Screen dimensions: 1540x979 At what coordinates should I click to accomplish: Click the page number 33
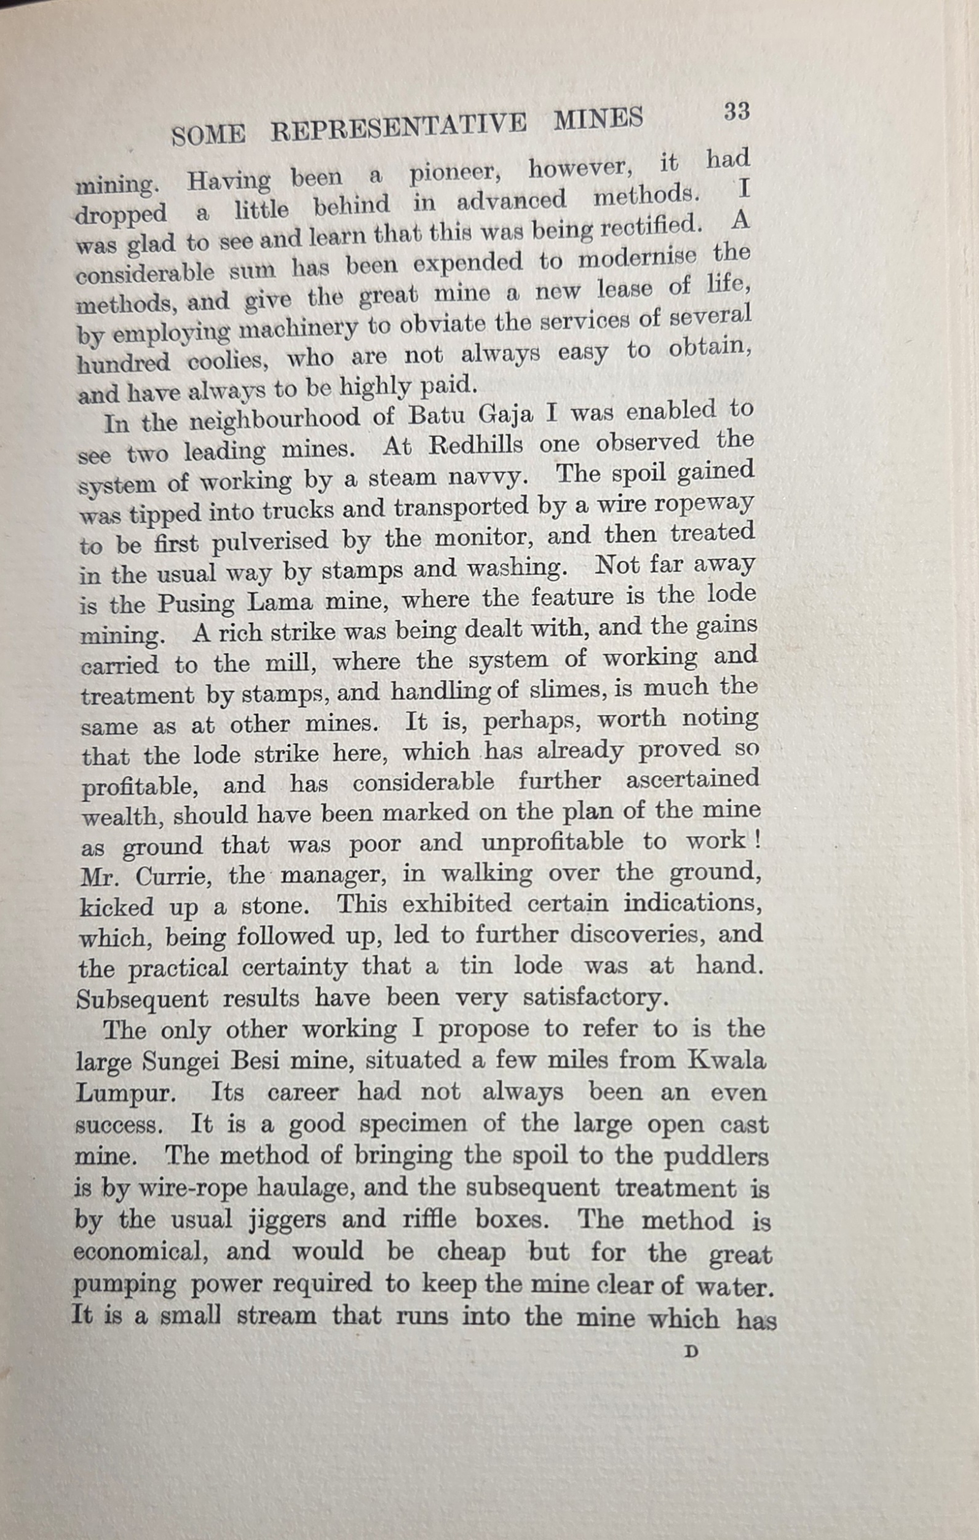736,111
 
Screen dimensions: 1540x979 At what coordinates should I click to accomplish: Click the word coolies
226,361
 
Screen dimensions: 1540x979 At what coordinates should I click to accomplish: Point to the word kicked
117,907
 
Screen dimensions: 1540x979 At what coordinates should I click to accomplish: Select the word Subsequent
142,1000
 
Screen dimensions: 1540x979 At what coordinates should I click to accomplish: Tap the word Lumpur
125,1094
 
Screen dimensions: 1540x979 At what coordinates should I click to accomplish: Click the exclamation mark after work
757,839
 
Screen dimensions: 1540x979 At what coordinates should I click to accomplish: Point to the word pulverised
269,543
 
